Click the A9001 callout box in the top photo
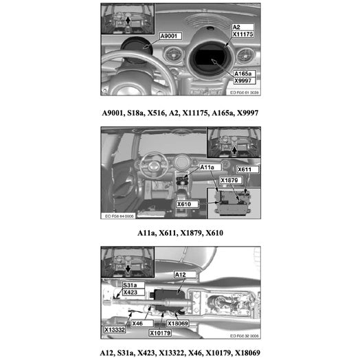(x=170, y=35)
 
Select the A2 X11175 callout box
(x=243, y=30)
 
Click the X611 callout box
(x=245, y=169)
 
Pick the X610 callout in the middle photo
(x=183, y=204)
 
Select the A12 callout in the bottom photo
(x=181, y=274)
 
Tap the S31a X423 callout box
(x=131, y=288)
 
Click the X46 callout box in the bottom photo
(x=137, y=322)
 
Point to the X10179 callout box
(x=161, y=333)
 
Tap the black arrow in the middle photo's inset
(x=235, y=146)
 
